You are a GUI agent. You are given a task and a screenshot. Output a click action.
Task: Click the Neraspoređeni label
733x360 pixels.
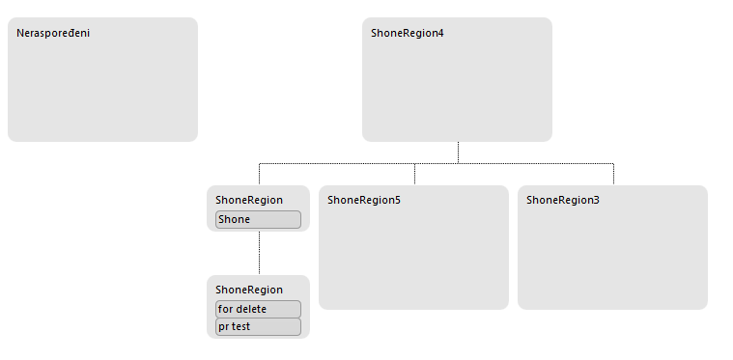point(53,33)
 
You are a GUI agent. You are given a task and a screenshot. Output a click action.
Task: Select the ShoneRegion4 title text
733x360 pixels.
point(408,33)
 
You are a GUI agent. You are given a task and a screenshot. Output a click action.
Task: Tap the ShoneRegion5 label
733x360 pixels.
point(364,201)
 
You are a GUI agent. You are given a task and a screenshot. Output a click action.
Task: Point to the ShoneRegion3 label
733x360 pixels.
point(563,201)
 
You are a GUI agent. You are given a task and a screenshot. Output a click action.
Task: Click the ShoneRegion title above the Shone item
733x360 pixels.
point(249,201)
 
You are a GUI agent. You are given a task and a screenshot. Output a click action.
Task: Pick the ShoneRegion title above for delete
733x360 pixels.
point(249,290)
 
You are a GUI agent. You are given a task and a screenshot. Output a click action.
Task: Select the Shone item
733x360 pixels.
point(258,219)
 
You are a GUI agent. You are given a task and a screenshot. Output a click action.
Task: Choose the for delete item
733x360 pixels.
point(258,309)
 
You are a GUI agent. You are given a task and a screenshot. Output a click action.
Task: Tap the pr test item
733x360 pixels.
point(258,327)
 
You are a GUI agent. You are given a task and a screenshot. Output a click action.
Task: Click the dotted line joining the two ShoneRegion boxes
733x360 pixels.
point(260,253)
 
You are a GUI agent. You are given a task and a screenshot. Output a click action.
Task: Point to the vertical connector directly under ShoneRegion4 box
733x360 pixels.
point(458,152)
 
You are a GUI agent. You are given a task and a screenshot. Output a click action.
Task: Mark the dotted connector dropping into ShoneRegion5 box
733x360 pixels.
point(414,174)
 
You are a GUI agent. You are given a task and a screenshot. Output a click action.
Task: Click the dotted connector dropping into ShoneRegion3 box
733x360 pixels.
point(613,174)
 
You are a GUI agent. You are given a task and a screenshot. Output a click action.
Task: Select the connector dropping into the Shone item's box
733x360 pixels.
point(260,174)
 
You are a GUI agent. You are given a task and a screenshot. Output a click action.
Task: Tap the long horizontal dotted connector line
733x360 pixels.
point(437,163)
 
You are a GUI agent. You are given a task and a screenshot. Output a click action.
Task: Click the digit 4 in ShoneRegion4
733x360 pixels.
point(440,33)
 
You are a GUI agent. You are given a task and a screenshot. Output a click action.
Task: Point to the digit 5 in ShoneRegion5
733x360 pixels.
point(397,201)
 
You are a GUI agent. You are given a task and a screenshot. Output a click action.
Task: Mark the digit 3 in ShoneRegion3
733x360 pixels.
point(597,201)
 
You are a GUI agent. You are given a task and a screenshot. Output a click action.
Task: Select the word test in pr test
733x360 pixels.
point(240,327)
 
